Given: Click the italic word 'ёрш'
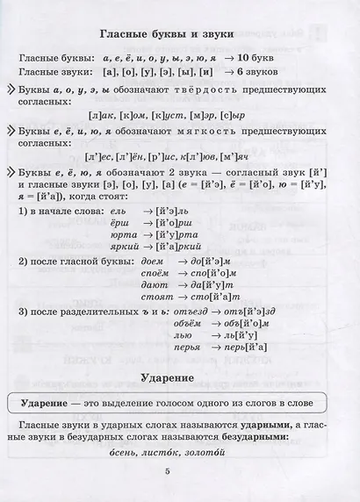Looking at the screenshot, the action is [x=121, y=223].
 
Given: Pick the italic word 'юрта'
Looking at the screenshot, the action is [x=124, y=235].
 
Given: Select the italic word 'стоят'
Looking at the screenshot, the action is [x=156, y=298].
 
